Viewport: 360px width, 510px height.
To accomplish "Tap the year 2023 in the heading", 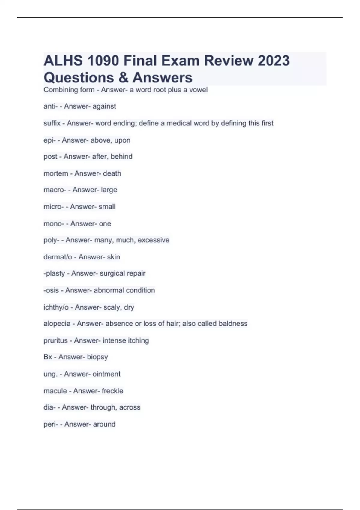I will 273,61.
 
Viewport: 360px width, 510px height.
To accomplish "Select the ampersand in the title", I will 123,77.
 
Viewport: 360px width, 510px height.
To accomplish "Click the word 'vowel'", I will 198,90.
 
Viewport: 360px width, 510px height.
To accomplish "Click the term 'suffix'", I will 52,123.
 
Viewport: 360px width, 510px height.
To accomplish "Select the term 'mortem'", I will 56,173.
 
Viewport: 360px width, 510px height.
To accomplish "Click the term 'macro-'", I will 55,190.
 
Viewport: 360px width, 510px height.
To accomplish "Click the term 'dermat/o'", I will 58,257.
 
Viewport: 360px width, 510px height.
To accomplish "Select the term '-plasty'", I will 54,274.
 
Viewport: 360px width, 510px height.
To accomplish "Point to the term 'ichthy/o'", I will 56,307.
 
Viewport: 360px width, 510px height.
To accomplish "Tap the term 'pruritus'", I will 55,341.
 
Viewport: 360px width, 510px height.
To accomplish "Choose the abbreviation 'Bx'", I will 48,357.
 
